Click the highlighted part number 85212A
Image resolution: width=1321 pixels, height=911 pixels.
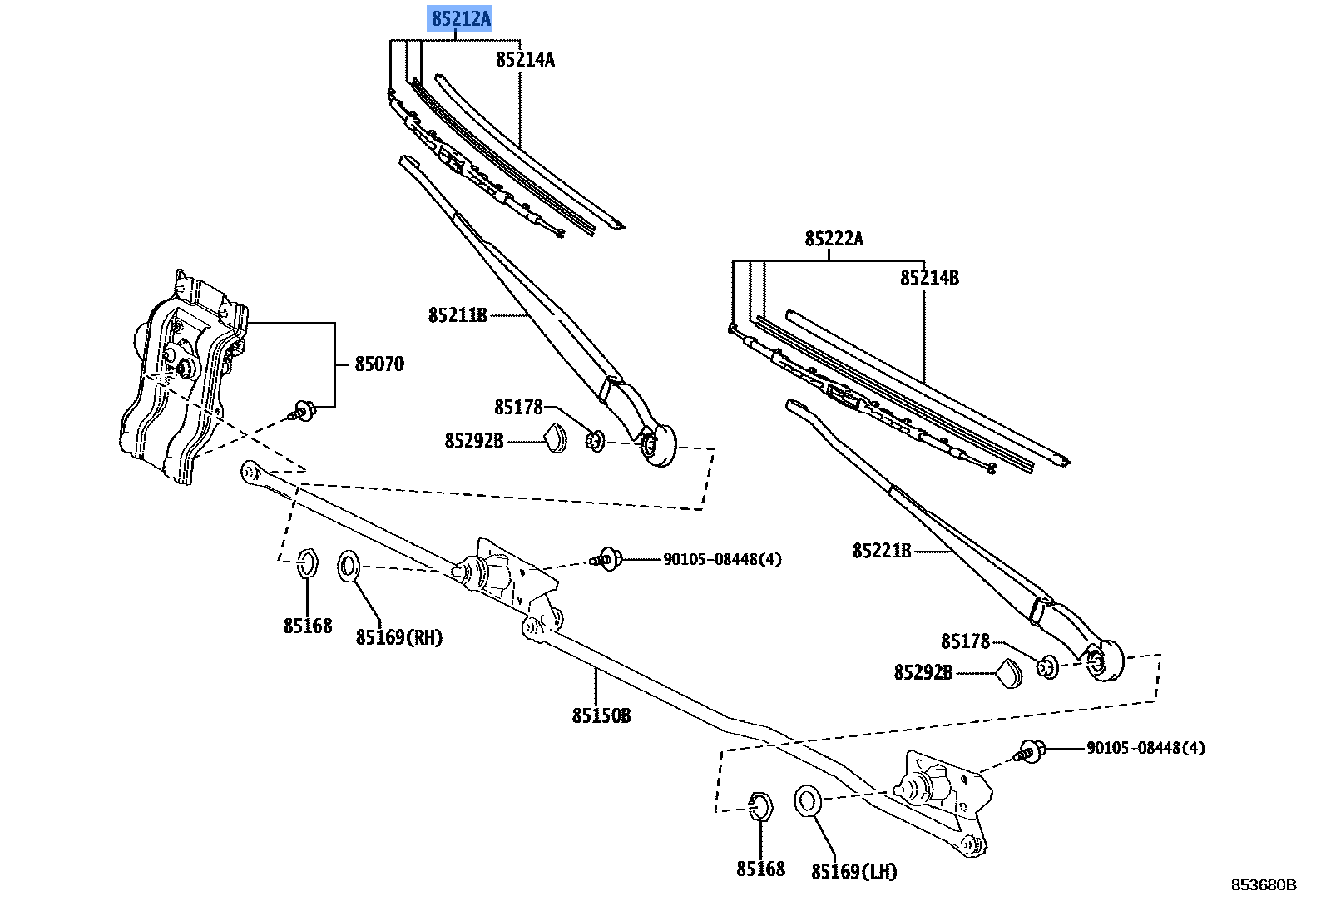460,17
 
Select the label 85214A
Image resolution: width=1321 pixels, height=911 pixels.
525,59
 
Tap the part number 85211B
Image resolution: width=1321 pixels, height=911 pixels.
457,315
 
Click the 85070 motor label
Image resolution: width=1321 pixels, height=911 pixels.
379,364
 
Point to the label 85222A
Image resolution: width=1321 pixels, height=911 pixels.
834,240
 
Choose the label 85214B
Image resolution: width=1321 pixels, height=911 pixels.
929,278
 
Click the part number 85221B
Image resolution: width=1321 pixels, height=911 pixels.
881,551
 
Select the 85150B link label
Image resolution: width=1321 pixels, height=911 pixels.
601,715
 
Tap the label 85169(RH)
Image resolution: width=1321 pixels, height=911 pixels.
399,637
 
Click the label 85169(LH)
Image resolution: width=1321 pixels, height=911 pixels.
854,872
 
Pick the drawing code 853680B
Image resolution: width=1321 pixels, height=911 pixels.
1264,884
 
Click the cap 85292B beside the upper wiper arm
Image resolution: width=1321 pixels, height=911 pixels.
555,438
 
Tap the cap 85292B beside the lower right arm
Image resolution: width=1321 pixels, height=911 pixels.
1011,673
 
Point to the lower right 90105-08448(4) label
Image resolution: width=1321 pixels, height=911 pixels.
1145,748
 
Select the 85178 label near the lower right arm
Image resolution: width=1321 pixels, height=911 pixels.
965,641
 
